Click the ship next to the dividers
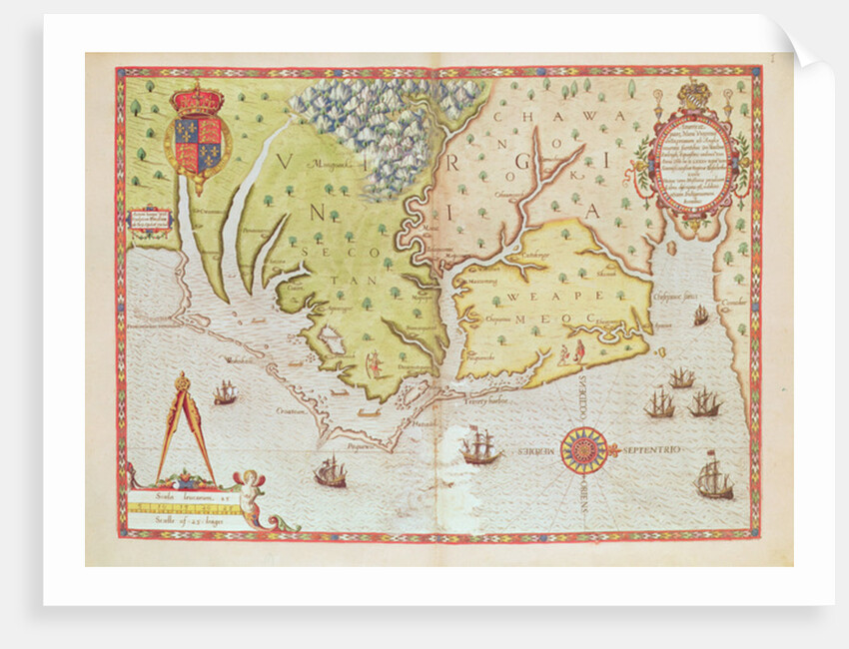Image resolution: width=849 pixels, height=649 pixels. tap(225, 392)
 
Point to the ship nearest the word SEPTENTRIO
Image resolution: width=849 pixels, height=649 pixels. tap(713, 476)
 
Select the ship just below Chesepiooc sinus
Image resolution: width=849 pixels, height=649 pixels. tap(701, 316)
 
